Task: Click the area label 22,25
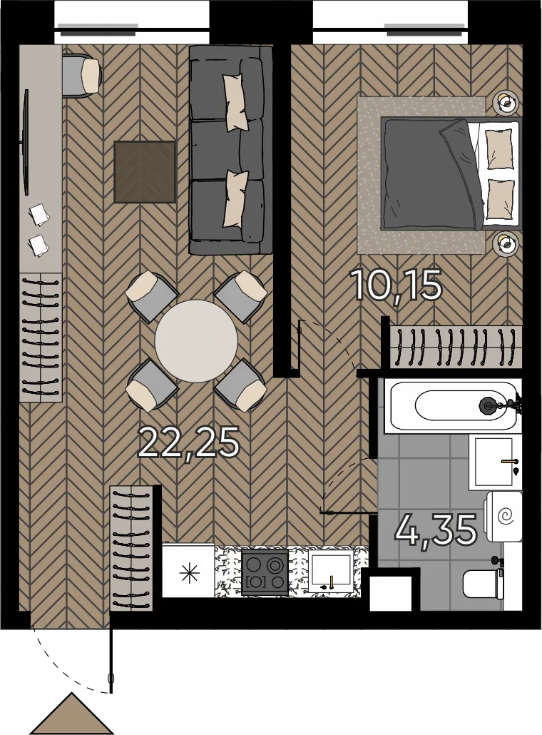coord(189,442)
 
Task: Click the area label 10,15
coord(396,286)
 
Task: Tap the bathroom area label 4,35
coord(436,529)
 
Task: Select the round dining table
coord(196,341)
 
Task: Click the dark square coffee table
coord(145,172)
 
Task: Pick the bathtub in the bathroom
coord(453,405)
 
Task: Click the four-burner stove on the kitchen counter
coord(265,572)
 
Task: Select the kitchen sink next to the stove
coord(331,570)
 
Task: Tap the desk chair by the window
coord(82,76)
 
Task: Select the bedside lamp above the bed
coord(506,101)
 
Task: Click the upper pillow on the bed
coord(498,149)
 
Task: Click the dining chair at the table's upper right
coord(240,296)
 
